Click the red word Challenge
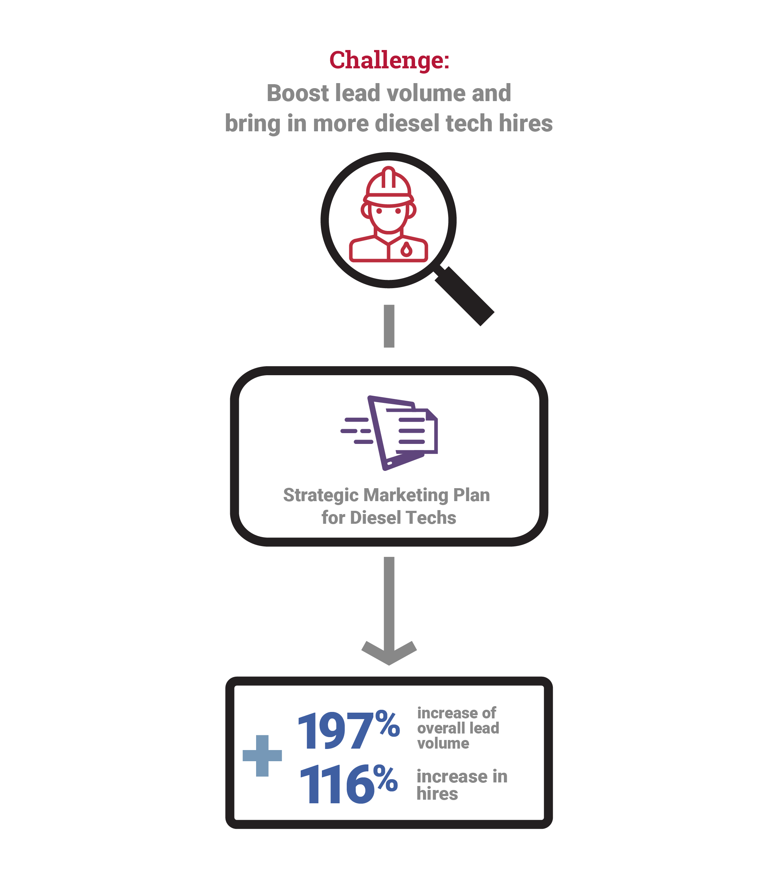(x=386, y=61)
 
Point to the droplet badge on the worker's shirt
(x=406, y=249)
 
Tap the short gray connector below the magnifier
(x=389, y=326)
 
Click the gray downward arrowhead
(x=389, y=653)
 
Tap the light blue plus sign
(x=262, y=756)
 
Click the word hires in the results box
(x=437, y=794)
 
